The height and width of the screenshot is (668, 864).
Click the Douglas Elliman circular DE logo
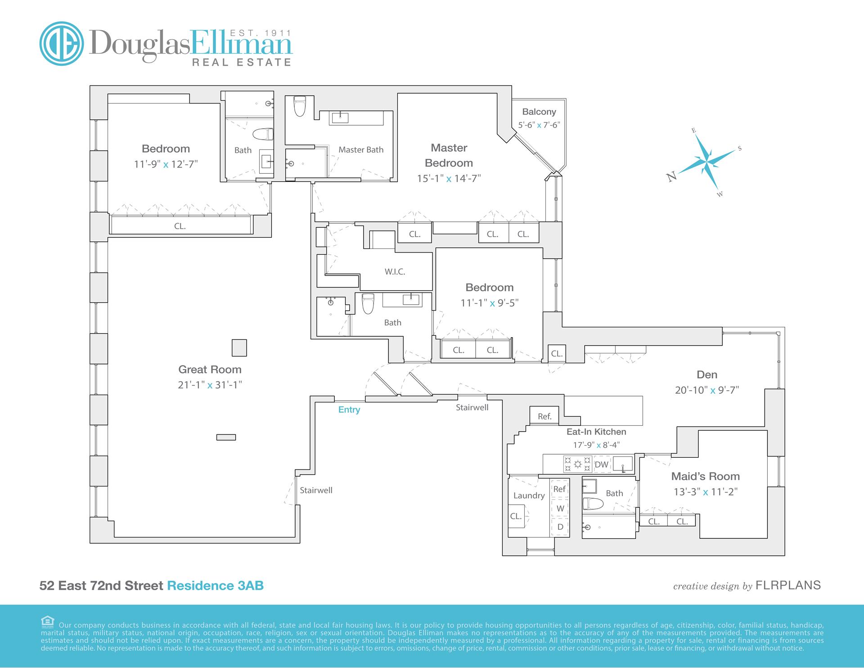(62, 44)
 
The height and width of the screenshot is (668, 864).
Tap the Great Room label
(210, 370)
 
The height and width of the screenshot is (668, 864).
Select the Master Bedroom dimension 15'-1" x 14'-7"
(449, 178)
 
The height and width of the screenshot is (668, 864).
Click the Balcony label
(539, 112)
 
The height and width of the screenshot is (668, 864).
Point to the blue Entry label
(349, 410)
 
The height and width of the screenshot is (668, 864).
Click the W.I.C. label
(395, 272)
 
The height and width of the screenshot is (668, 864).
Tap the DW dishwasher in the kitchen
(601, 465)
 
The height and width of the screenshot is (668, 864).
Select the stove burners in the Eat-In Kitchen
(577, 464)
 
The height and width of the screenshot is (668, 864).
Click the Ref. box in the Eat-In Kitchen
(544, 416)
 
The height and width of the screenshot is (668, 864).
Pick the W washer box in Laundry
(560, 509)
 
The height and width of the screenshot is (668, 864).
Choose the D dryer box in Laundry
(560, 527)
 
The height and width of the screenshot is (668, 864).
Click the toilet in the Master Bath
(299, 107)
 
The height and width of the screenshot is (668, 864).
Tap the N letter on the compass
(672, 176)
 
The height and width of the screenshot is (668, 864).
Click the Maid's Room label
(705, 476)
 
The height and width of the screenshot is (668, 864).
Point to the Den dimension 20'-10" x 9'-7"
(706, 390)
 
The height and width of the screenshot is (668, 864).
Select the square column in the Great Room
(239, 348)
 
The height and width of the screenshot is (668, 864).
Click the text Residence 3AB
(215, 586)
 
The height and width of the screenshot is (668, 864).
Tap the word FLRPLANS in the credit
(788, 585)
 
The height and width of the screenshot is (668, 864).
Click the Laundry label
(529, 496)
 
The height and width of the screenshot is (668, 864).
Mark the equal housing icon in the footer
(48, 621)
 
